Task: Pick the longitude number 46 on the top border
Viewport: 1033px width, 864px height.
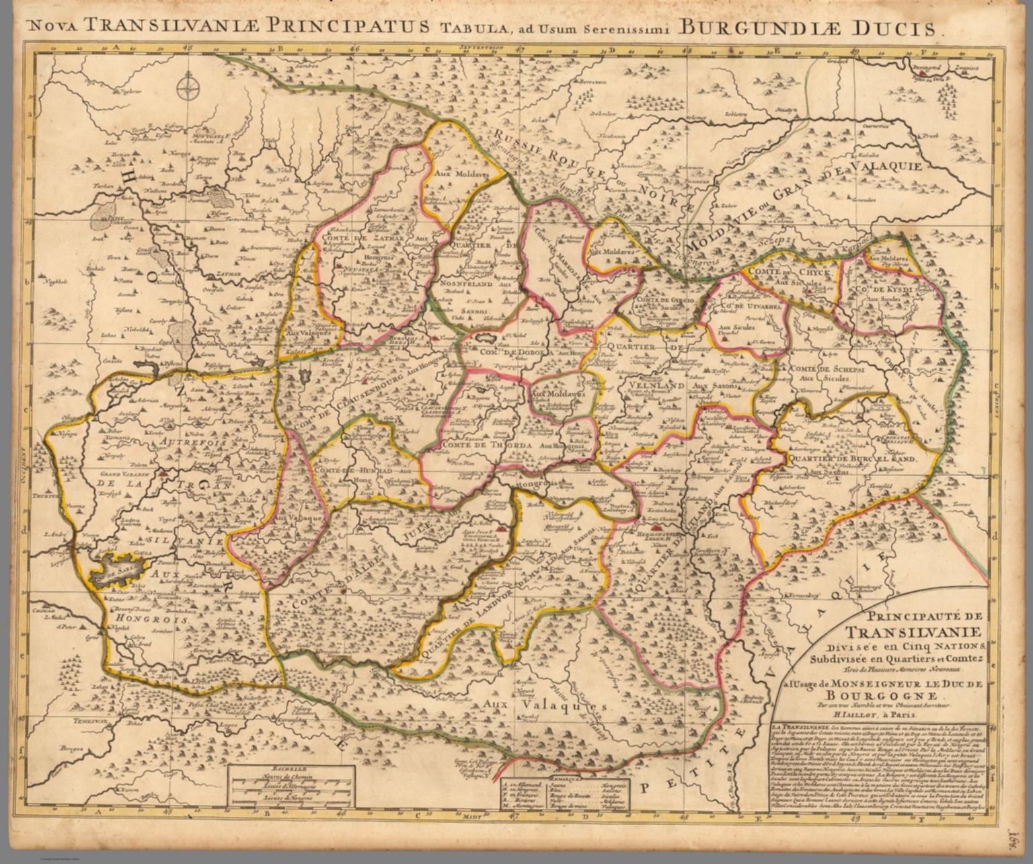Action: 355,48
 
